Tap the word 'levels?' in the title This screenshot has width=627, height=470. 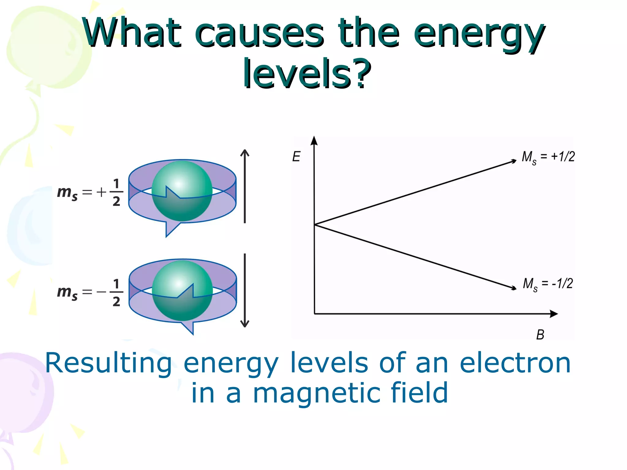point(307,74)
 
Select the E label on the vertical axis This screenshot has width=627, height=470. point(296,157)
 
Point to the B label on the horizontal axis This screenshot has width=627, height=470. point(540,335)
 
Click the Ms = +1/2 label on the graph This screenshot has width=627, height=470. point(548,157)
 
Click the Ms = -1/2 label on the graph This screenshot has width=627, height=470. point(548,284)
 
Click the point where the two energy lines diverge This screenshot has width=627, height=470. point(315,225)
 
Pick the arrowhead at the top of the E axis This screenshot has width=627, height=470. point(314,141)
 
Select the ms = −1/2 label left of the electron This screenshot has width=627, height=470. point(90,293)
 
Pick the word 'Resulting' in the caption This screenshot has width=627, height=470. point(109,364)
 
